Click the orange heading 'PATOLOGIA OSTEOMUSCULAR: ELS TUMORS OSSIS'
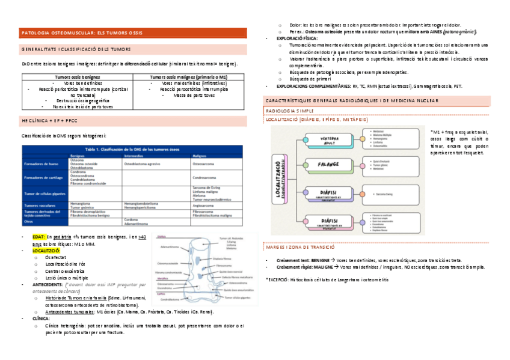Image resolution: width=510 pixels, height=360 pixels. coord(82,32)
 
